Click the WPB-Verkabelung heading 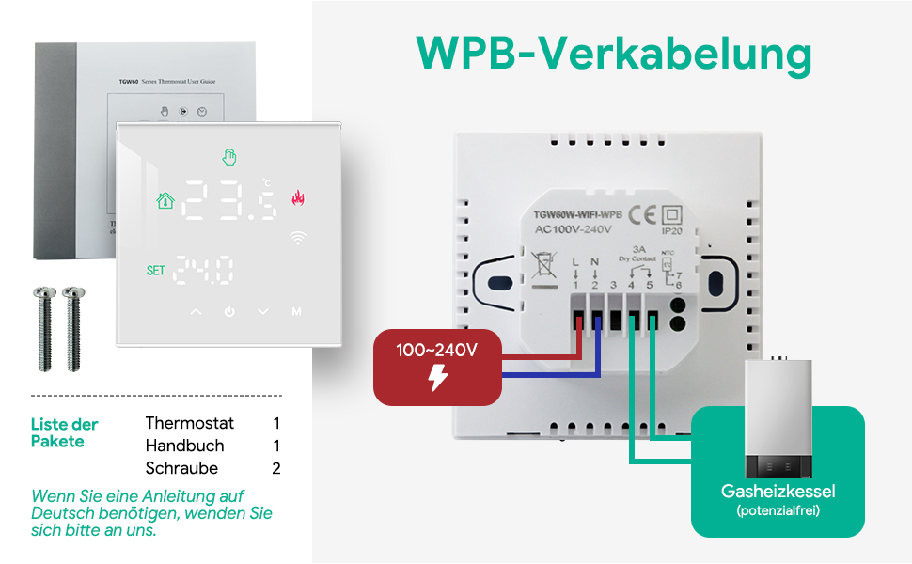(614, 55)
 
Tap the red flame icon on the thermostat (298, 199)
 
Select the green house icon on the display (165, 200)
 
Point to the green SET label (155, 271)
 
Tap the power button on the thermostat (228, 311)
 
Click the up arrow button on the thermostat (196, 311)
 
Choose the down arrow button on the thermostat (262, 311)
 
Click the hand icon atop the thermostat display (228, 156)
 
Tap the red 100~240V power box (437, 367)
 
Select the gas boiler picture (778, 418)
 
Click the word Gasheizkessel (778, 492)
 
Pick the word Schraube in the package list (181, 468)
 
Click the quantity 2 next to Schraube (276, 468)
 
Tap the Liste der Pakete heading (64, 432)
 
